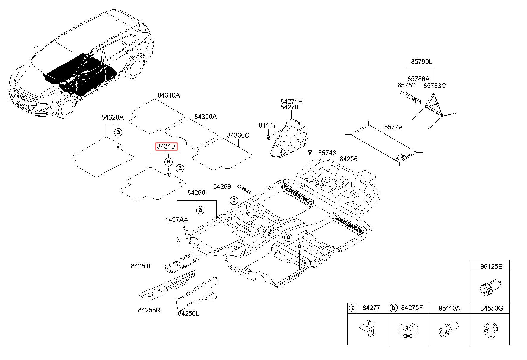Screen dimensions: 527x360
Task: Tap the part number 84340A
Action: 169,95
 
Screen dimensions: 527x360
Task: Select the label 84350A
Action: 206,117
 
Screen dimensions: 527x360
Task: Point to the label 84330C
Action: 238,136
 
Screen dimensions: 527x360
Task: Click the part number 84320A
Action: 112,117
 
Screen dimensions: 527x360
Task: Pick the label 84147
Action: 268,125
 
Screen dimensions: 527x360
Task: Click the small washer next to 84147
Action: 268,137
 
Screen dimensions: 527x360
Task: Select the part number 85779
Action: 393,127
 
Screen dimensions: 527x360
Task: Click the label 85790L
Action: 421,62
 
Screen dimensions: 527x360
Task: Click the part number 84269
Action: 222,187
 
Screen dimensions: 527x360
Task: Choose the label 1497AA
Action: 177,220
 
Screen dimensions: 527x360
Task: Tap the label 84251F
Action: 142,266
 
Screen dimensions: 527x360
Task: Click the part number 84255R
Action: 149,310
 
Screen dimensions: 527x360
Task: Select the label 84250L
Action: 189,313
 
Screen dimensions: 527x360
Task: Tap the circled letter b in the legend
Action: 393,308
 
